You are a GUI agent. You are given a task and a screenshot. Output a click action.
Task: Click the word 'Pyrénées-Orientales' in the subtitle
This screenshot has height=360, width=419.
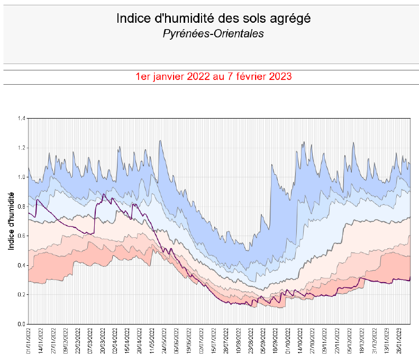213,34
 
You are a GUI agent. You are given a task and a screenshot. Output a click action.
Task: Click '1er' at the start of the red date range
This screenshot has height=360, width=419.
143,76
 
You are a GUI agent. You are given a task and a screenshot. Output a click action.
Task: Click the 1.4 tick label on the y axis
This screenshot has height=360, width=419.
21,118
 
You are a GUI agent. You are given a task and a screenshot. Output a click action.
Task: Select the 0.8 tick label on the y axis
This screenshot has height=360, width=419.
21,206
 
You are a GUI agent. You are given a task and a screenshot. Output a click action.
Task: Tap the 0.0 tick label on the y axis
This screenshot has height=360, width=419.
21,324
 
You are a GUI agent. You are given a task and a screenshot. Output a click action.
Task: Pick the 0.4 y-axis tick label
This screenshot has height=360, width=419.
21,265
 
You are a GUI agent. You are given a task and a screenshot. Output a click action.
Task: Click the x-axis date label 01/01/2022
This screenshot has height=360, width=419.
29,341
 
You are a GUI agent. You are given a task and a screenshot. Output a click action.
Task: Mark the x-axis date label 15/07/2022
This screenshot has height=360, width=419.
214,341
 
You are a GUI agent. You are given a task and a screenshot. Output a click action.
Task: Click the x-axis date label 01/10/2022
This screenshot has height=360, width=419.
288,341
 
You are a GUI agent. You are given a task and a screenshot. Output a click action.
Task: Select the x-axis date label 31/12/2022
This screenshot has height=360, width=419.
375,341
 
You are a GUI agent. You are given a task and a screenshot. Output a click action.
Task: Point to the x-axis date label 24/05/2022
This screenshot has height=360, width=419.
165,341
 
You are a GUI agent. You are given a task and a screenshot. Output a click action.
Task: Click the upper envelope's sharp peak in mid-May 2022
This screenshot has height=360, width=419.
160,141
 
